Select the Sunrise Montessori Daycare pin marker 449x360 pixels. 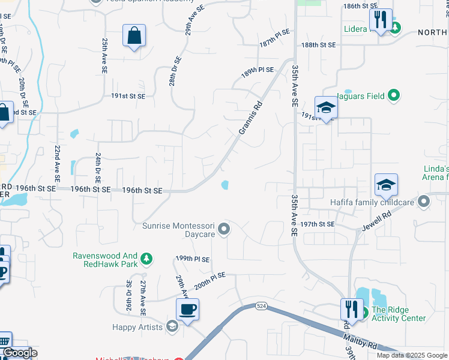click(x=224, y=229)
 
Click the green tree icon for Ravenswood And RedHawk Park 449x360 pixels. click(x=146, y=259)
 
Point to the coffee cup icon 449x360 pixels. click(x=187, y=310)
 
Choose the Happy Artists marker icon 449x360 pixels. click(x=172, y=327)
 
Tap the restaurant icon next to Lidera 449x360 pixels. click(x=381, y=20)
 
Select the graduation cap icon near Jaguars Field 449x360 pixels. click(x=326, y=108)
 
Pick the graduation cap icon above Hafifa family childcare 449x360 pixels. click(x=387, y=185)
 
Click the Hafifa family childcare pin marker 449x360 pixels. click(x=424, y=202)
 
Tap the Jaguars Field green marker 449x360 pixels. click(x=394, y=95)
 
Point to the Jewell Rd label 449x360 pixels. click(x=376, y=221)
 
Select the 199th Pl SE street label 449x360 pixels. click(x=193, y=259)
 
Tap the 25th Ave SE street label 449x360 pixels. click(x=104, y=56)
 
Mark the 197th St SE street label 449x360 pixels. click(x=318, y=224)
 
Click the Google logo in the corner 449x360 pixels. click(x=20, y=353)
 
